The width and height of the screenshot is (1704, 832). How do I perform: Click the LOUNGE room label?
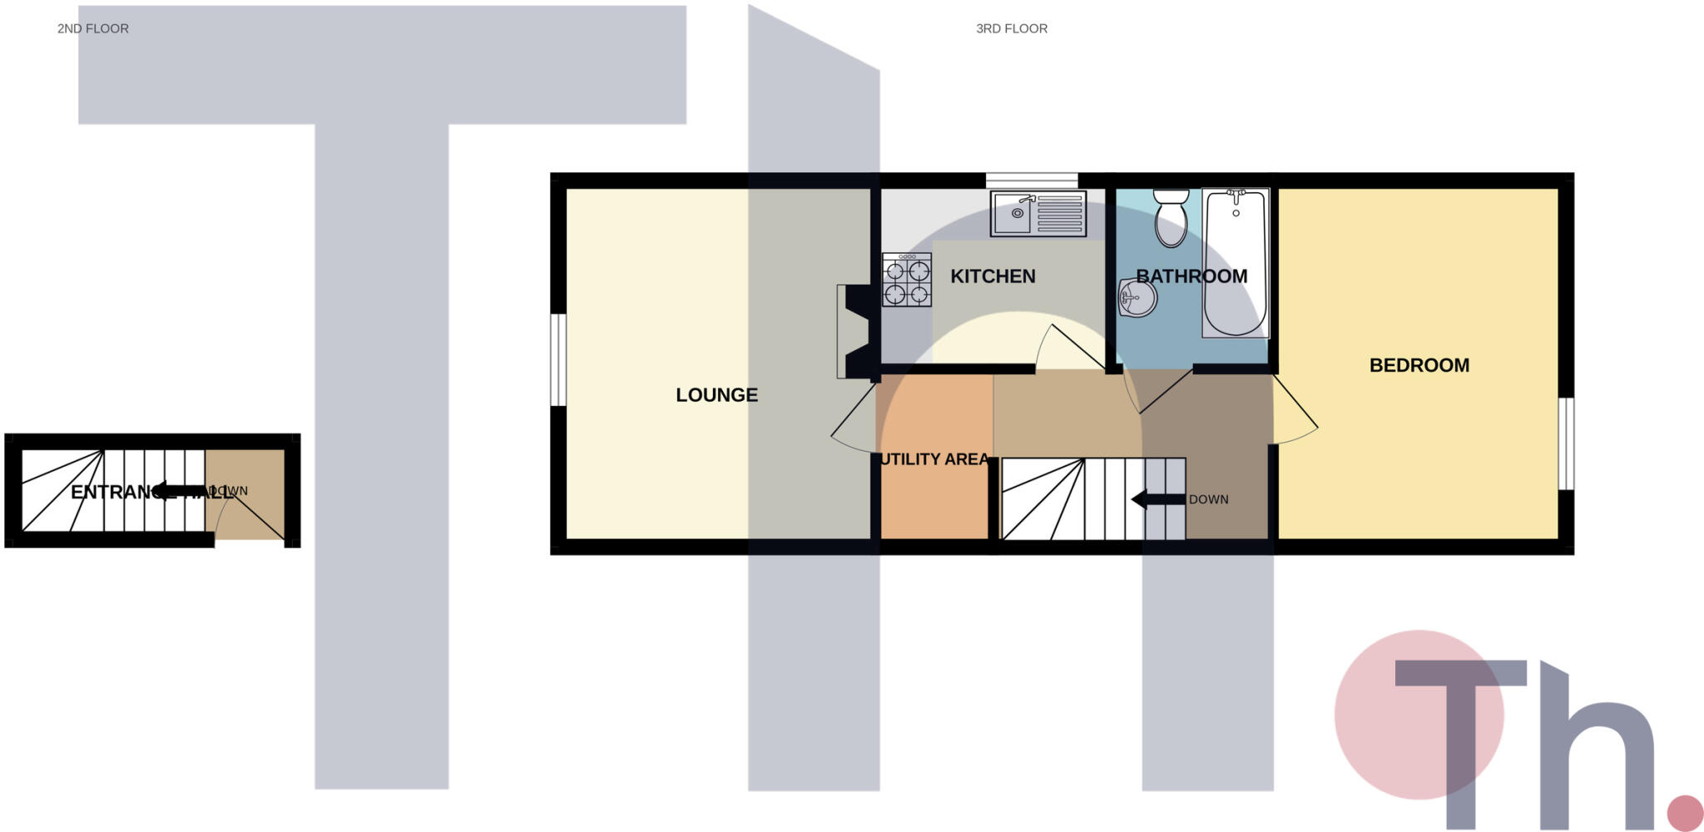pyautogui.click(x=716, y=395)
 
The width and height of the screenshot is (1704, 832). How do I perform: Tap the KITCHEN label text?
pyautogui.click(x=993, y=276)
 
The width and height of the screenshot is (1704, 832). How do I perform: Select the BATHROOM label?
pyautogui.click(x=1191, y=276)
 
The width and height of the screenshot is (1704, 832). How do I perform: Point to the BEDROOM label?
pyautogui.click(x=1419, y=365)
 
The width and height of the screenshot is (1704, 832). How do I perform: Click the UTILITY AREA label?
pyautogui.click(x=934, y=459)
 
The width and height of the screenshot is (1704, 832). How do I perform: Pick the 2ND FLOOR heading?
pyautogui.click(x=93, y=28)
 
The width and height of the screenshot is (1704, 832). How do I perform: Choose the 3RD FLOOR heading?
pyautogui.click(x=1011, y=28)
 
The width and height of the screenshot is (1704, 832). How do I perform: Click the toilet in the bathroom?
pyautogui.click(x=1171, y=218)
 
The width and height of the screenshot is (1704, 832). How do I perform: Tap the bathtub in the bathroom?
pyautogui.click(x=1236, y=263)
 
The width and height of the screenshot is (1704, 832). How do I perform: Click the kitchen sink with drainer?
pyautogui.click(x=1038, y=214)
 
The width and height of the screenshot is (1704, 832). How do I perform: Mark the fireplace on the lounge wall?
pyautogui.click(x=854, y=332)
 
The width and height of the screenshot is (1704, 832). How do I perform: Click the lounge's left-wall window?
pyautogui.click(x=558, y=359)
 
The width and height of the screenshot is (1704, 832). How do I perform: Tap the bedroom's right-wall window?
pyautogui.click(x=1565, y=443)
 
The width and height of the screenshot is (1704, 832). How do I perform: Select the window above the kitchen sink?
pyautogui.click(x=1032, y=180)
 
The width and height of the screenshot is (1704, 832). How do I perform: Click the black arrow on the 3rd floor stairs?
pyautogui.click(x=1157, y=500)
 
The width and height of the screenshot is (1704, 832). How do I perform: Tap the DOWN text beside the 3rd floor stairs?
pyautogui.click(x=1208, y=500)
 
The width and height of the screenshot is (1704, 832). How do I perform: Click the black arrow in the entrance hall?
pyautogui.click(x=180, y=491)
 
